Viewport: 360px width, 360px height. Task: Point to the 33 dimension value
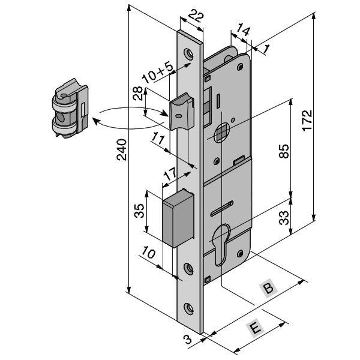tap(284, 216)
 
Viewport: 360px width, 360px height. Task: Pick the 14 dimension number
tap(243, 29)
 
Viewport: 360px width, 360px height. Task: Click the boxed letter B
tap(269, 289)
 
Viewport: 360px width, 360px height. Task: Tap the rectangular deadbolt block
tap(178, 218)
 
